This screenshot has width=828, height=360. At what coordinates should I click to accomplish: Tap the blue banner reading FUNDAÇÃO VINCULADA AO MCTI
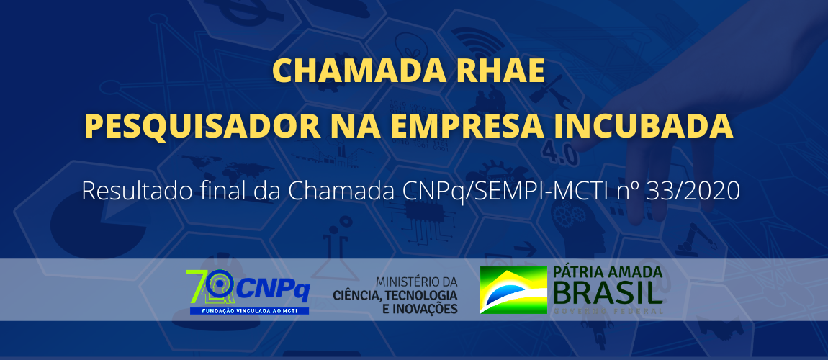click(x=249, y=310)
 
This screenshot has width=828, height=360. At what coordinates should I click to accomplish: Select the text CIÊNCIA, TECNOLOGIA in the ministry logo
click(x=395, y=295)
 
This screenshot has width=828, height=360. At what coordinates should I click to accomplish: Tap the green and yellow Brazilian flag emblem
click(x=513, y=289)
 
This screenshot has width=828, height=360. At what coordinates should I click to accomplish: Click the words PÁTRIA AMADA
click(x=607, y=273)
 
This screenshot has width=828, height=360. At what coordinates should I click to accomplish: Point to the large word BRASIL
click(x=607, y=293)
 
